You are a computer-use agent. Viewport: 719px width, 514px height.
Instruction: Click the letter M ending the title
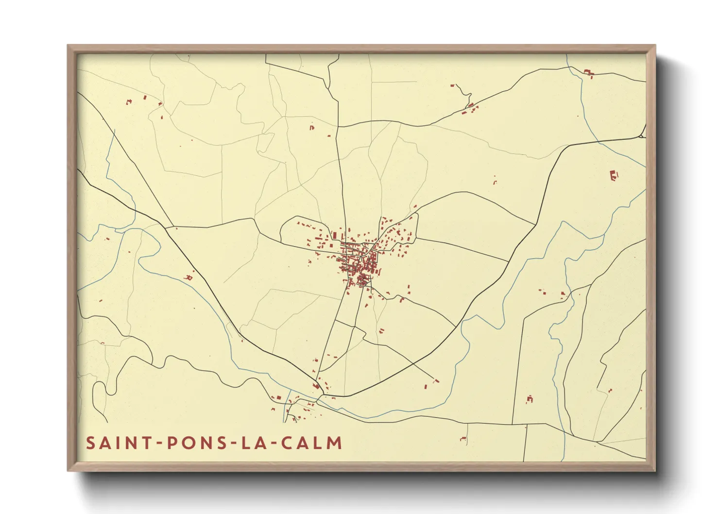335,443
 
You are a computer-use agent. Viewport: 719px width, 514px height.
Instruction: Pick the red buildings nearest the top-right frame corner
589,73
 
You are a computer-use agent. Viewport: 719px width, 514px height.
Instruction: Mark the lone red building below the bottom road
463,439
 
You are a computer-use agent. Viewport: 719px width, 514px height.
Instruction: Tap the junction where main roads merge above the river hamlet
316,381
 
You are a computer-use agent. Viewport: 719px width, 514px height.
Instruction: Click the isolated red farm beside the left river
189,277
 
